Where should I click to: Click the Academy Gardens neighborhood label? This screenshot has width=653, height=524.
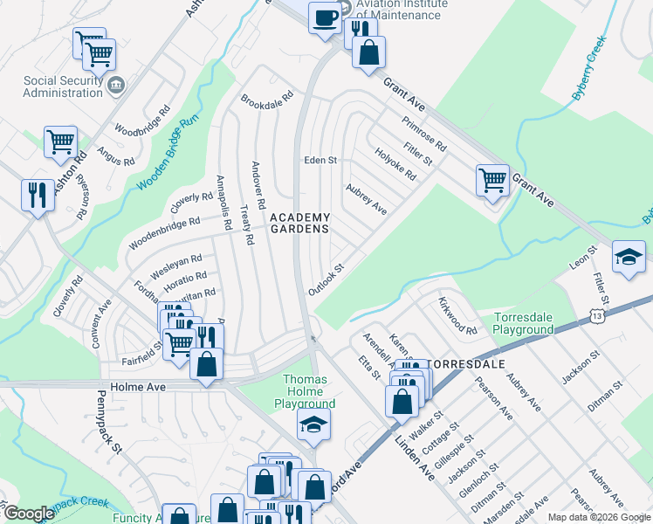tap(299, 223)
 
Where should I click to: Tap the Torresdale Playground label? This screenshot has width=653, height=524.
tap(524, 323)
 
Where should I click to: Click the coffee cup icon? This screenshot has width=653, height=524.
tap(325, 17)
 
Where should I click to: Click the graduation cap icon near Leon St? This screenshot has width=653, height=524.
tap(629, 258)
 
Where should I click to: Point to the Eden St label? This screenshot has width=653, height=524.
tap(320, 161)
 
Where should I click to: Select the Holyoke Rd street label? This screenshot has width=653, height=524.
tap(395, 162)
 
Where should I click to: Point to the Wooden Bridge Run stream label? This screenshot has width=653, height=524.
tap(169, 154)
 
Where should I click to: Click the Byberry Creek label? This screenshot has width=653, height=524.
tap(590, 69)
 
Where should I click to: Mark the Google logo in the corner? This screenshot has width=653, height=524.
tap(29, 514)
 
